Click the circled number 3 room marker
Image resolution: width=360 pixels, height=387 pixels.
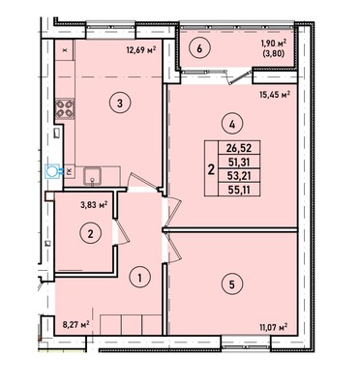(120, 104)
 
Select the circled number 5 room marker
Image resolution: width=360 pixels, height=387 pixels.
(232, 284)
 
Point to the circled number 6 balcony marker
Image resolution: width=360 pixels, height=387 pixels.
(199, 49)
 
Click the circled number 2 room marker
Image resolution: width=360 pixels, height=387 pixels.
(91, 233)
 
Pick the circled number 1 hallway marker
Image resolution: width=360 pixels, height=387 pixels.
(139, 277)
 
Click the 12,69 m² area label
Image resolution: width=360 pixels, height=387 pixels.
(141, 50)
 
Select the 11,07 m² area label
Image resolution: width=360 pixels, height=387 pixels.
(273, 328)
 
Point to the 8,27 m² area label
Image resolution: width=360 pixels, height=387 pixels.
(75, 323)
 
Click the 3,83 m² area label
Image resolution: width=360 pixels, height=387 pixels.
(94, 205)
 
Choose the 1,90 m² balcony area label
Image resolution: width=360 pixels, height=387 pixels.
(274, 44)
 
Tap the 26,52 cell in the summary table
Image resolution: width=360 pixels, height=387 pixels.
(239, 149)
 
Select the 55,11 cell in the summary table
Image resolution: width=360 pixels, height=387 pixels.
(239, 190)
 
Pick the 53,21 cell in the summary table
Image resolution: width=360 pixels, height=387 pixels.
(239, 176)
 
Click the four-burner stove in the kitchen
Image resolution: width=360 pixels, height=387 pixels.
(66, 108)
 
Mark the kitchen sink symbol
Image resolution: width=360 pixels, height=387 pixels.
(93, 176)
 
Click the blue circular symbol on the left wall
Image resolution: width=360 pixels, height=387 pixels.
(51, 171)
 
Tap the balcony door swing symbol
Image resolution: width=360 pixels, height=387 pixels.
(239, 76)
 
